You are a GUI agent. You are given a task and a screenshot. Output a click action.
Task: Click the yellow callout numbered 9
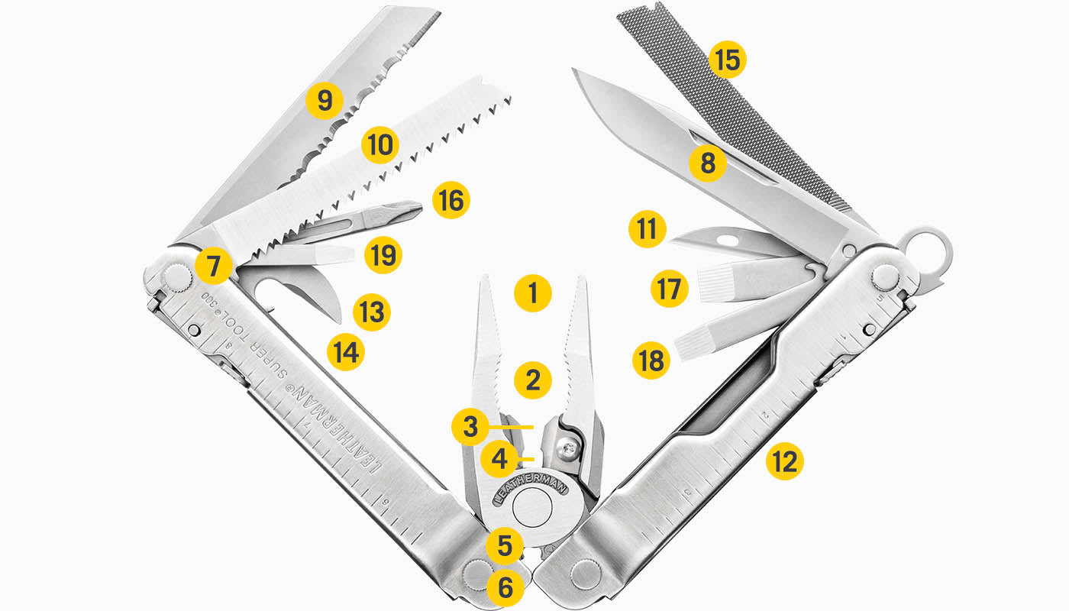point(325,101)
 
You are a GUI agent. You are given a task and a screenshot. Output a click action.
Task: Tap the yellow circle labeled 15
point(728,60)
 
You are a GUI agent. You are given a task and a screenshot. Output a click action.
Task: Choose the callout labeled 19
point(383,255)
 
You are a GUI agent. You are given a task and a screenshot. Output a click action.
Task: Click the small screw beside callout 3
point(567,449)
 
